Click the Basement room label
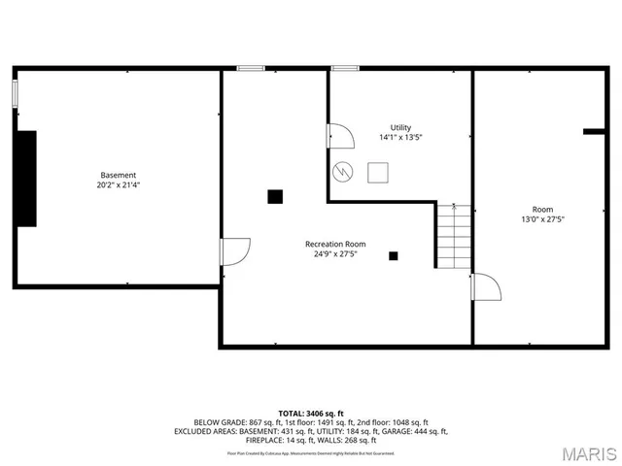[117, 176]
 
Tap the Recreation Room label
[335, 244]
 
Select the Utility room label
[400, 128]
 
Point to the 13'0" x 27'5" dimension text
[542, 219]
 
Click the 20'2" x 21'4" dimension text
[117, 185]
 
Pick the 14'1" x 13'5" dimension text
[400, 138]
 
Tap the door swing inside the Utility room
[340, 137]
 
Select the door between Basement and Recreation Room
[234, 251]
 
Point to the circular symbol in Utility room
[342, 172]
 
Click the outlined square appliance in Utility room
[378, 171]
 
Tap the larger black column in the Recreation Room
[275, 196]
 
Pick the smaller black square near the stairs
[394, 256]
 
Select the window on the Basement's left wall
[15, 94]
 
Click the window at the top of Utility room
[344, 68]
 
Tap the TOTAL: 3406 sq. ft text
[311, 414]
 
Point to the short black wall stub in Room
[595, 131]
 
